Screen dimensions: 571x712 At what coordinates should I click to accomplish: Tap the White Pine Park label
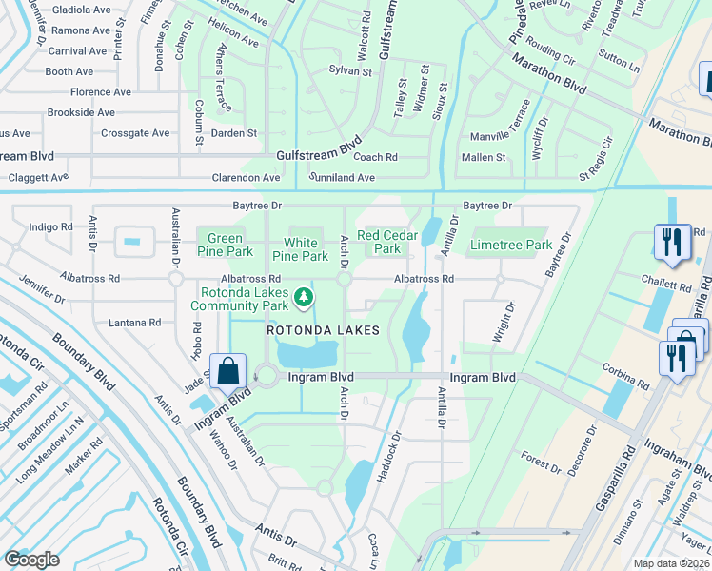pyautogui.click(x=301, y=249)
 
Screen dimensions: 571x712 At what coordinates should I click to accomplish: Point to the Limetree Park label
pyautogui.click(x=511, y=245)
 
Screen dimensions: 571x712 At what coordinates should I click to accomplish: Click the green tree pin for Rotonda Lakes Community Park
pyautogui.click(x=304, y=299)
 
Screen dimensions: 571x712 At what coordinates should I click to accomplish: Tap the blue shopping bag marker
pyautogui.click(x=228, y=371)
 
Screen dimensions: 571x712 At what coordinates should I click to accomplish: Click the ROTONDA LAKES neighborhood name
pyautogui.click(x=323, y=330)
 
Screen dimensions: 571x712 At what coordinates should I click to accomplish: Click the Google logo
pyautogui.click(x=31, y=559)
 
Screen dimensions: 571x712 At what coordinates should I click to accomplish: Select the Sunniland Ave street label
pyautogui.click(x=342, y=177)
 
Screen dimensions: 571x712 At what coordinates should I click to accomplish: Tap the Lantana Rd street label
pyautogui.click(x=134, y=323)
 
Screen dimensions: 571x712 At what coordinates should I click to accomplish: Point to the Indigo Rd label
pyautogui.click(x=50, y=226)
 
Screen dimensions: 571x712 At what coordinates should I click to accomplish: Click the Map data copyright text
pyautogui.click(x=672, y=563)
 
